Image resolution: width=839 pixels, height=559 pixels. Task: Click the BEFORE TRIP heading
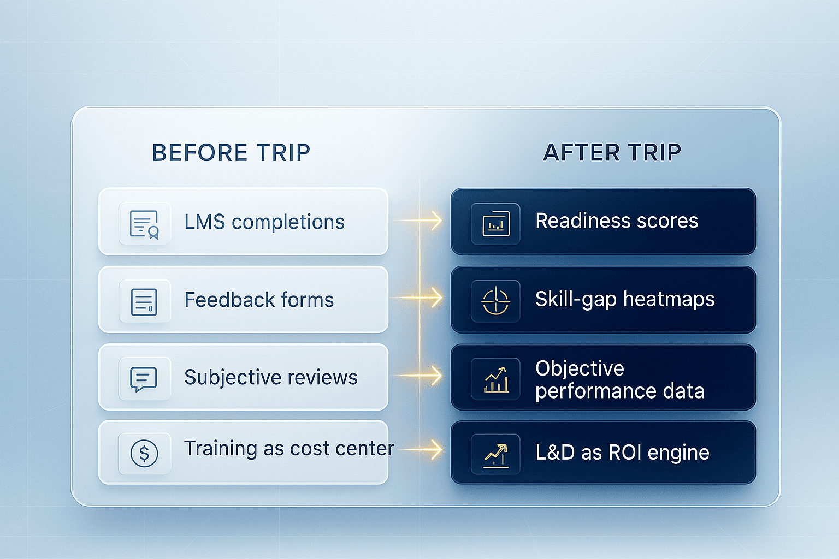231,153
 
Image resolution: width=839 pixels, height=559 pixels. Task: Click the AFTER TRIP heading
612,152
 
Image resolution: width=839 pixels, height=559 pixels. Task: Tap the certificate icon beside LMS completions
144,224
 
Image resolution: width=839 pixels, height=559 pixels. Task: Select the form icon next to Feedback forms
144,301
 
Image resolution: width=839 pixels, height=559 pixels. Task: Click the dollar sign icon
144,453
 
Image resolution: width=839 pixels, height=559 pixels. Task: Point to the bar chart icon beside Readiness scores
496,224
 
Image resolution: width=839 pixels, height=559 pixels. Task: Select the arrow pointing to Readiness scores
432,221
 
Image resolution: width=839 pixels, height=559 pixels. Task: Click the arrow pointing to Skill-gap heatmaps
432,298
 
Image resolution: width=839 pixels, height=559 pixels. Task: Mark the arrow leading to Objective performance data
432,376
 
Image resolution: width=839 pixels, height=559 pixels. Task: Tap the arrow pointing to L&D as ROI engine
432,450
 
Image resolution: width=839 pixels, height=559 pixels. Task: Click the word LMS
204,222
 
